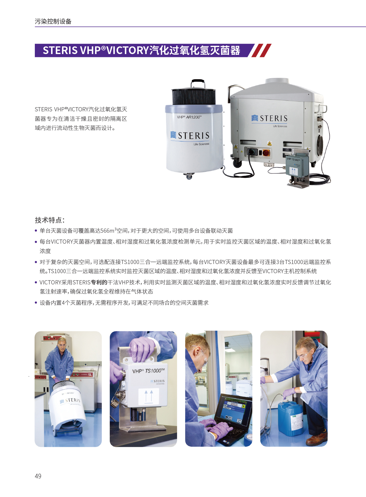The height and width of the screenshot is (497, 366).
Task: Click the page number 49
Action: click(38, 476)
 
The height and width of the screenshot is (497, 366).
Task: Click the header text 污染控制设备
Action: click(53, 21)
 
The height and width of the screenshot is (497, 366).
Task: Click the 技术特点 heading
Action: click(50, 220)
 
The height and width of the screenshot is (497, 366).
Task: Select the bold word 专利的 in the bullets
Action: click(99, 282)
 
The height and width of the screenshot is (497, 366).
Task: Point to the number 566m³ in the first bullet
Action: click(108, 231)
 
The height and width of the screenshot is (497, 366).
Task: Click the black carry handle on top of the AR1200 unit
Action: click(198, 84)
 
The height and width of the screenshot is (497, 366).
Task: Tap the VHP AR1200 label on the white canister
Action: click(189, 117)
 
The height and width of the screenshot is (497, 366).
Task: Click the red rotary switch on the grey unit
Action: click(266, 152)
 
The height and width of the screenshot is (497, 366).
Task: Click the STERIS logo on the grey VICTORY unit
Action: click(269, 118)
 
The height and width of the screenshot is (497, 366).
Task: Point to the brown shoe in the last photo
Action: click(316, 439)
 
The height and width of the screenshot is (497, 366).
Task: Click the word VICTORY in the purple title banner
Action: click(128, 50)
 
